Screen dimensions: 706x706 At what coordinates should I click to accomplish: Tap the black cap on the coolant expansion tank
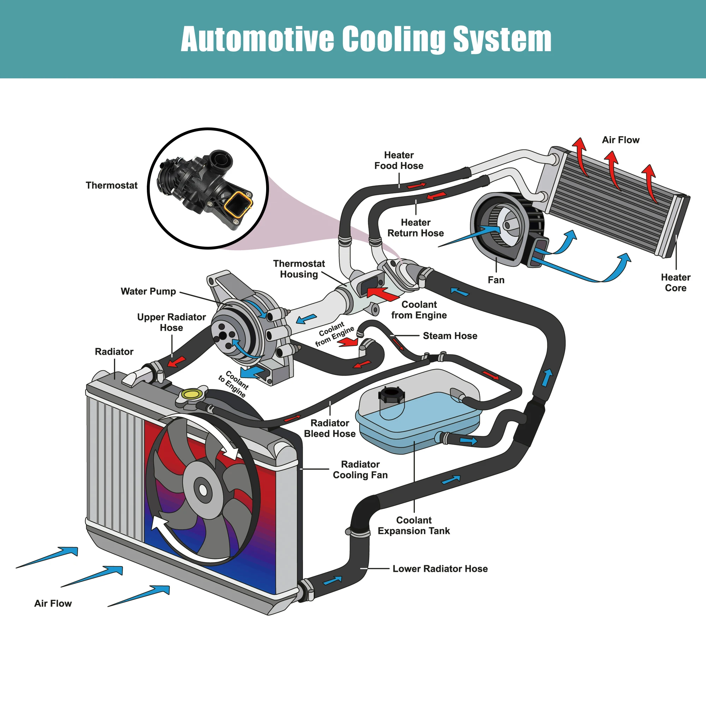[x=391, y=394]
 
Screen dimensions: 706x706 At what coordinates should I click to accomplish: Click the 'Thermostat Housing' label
[x=299, y=269]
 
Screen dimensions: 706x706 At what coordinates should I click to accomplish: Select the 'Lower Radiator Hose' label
[x=440, y=569]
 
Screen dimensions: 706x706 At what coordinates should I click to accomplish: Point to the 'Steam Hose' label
[x=450, y=336]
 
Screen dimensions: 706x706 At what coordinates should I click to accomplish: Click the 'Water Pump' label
[x=148, y=291]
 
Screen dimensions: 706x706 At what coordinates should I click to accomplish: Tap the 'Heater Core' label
[x=676, y=282]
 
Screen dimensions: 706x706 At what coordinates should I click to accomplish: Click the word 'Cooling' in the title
[x=393, y=39]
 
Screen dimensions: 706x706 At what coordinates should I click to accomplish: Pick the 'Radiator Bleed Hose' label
[x=330, y=428]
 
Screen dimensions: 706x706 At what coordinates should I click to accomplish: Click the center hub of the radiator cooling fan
[x=203, y=490]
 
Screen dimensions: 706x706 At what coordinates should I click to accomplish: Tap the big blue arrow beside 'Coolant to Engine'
[x=253, y=372]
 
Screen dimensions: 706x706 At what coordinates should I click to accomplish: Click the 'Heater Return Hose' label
[x=415, y=228]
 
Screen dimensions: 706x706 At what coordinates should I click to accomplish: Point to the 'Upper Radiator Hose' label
[x=172, y=322]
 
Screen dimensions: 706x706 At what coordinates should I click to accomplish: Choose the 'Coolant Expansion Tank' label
[x=414, y=526]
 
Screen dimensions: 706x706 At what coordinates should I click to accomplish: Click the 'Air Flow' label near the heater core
[x=621, y=140]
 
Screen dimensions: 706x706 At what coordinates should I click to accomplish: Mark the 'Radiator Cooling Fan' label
[x=360, y=469]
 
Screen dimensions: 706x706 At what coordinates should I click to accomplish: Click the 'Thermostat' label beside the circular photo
[x=112, y=185]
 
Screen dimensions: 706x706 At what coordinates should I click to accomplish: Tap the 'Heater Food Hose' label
[x=399, y=160]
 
